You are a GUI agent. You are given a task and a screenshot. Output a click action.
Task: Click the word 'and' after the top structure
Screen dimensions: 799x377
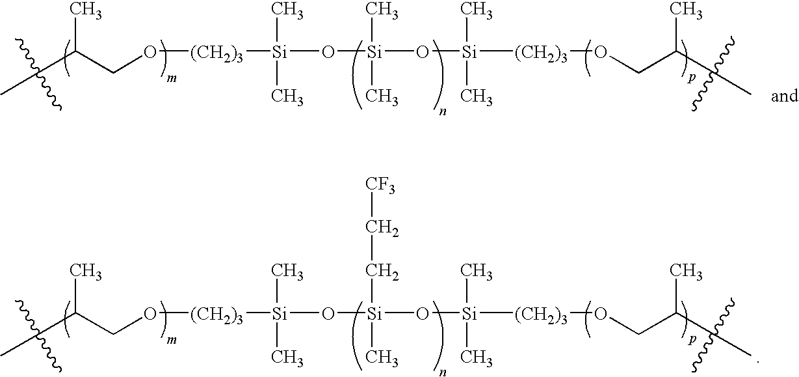[783, 97]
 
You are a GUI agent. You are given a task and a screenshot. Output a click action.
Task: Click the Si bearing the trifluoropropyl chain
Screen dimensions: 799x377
[374, 315]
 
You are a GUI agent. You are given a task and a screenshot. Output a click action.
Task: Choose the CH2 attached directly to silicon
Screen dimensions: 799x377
[381, 271]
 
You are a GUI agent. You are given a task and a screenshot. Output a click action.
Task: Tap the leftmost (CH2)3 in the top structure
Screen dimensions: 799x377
[218, 54]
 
